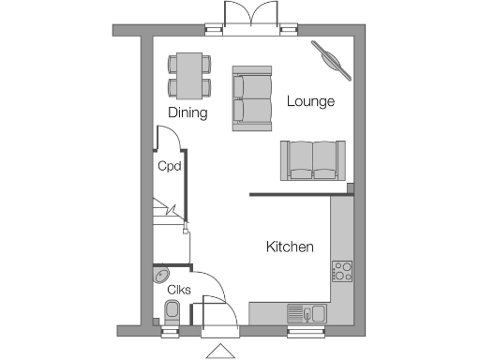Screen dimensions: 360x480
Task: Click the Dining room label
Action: (x=187, y=112)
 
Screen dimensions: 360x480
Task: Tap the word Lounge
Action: (x=310, y=101)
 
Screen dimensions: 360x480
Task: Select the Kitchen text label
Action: (x=290, y=247)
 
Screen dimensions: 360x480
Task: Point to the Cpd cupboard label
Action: (x=169, y=168)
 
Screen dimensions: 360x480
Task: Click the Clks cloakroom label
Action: (x=179, y=290)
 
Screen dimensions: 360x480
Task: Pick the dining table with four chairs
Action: (x=188, y=76)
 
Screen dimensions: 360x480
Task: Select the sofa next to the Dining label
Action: (x=251, y=97)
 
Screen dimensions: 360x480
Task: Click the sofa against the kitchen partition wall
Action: (x=312, y=160)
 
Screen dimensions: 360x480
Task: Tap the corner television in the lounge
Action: (x=332, y=58)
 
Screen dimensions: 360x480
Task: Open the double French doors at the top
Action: (x=251, y=17)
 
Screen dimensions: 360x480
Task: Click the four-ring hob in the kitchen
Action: (x=342, y=271)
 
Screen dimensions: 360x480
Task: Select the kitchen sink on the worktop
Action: (x=307, y=313)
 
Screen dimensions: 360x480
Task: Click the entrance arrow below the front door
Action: (x=221, y=352)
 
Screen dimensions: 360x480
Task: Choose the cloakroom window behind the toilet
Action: (x=170, y=330)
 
